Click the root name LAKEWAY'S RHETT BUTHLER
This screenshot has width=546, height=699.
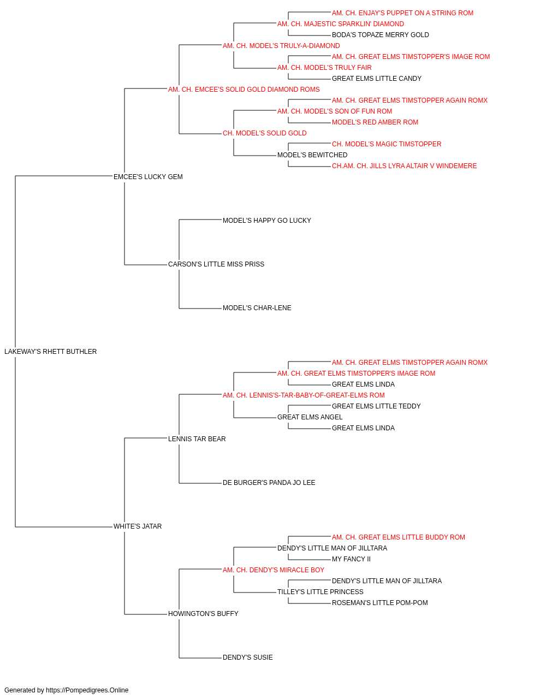pyautogui.click(x=50, y=352)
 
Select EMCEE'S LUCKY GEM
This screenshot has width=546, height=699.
pyautogui.click(x=148, y=177)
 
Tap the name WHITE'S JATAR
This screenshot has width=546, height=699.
pyautogui.click(x=137, y=526)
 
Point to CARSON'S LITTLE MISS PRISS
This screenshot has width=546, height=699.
pyautogui.click(x=216, y=264)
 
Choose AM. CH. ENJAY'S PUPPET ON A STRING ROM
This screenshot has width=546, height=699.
pyautogui.click(x=402, y=13)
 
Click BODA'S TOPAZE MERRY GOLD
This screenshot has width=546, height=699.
pyautogui.click(x=380, y=35)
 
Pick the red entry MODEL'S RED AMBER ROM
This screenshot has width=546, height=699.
pyautogui.click(x=375, y=122)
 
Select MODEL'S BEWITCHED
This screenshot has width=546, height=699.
pyautogui.click(x=312, y=155)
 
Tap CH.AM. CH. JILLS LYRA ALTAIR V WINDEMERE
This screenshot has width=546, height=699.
pyautogui.click(x=404, y=166)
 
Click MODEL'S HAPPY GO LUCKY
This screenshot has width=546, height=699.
pyautogui.click(x=267, y=221)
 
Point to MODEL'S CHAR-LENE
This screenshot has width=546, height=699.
pyautogui.click(x=257, y=308)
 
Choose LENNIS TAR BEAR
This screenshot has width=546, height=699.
pyautogui.click(x=197, y=439)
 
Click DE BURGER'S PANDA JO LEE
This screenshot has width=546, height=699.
pyautogui.click(x=269, y=483)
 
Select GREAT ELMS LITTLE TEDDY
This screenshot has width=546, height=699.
pyautogui.click(x=376, y=406)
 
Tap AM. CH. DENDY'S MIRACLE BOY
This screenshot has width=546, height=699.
pyautogui.click(x=274, y=570)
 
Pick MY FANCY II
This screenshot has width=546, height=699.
pyautogui.click(x=351, y=559)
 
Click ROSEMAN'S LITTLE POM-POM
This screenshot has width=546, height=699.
pyautogui.click(x=380, y=603)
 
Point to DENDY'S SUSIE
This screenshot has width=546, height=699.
pyautogui.click(x=247, y=657)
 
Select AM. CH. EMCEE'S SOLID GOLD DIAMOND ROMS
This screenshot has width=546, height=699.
pyautogui.click(x=244, y=90)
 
